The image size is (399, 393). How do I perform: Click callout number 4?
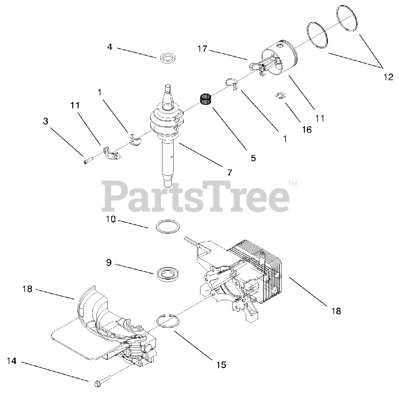click(x=109, y=47)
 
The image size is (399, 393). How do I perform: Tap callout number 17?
click(x=202, y=49)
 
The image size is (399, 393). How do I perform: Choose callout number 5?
click(x=253, y=158)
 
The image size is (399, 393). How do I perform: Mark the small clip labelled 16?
click(x=280, y=96)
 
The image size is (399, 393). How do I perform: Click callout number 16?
click(x=307, y=130)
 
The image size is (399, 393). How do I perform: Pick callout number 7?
click(x=229, y=172)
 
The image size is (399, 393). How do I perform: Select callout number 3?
click(x=46, y=121)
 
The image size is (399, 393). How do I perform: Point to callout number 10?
click(x=111, y=219)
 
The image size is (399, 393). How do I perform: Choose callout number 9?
click(x=109, y=263)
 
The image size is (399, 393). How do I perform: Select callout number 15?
click(x=221, y=365)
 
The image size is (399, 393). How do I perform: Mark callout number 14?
click(x=11, y=361)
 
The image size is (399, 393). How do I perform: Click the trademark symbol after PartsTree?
click(x=292, y=184)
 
